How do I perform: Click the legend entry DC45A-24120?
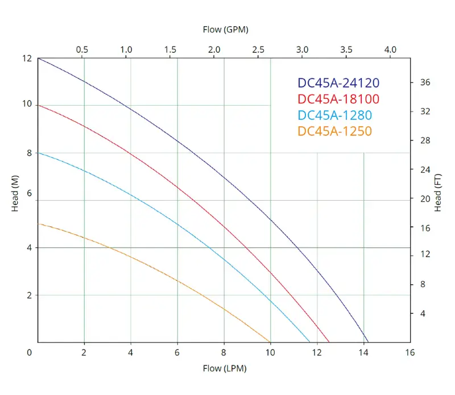(338, 83)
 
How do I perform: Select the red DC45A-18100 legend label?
(338, 99)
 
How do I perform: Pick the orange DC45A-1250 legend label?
(334, 131)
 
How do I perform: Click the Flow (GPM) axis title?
(225, 28)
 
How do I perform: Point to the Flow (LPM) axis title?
(225, 368)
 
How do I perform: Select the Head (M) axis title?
(15, 200)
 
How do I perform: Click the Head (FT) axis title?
(437, 193)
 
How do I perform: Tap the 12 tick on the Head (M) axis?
(27, 58)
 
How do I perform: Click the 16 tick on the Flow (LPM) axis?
(410, 352)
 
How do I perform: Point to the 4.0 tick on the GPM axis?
(390, 49)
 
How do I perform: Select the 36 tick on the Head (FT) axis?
(425, 82)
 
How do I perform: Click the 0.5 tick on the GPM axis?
(82, 49)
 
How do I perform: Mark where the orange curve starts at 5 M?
(38, 224)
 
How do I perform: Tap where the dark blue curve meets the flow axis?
(368, 342)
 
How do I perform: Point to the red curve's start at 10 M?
(38, 105)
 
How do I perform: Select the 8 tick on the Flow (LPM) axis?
(224, 352)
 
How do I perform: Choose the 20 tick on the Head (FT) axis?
(425, 198)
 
